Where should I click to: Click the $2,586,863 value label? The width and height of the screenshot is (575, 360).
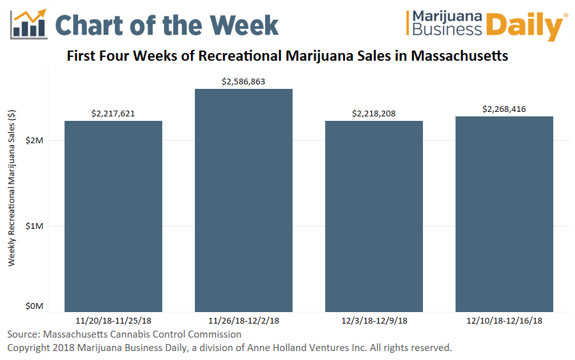pos(243,82)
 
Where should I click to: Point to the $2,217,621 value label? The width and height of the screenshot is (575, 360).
pos(113,114)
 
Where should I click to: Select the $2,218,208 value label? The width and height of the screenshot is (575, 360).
pos(374,114)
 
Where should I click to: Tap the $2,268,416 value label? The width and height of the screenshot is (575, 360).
pos(504,109)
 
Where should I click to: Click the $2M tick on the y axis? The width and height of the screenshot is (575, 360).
pos(34,140)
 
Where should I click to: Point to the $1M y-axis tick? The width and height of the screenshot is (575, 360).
pos(34,226)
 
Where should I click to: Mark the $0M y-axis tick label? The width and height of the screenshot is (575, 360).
pos(34,307)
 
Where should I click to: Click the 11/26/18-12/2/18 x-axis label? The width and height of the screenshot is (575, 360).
pos(243,320)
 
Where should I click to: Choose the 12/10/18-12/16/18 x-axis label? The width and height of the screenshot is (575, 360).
pos(504,320)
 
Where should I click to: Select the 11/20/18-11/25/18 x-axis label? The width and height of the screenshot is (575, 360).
pos(113,320)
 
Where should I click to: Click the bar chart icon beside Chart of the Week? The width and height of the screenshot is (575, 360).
pos(29,24)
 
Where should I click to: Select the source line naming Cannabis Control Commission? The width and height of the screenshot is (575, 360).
pos(125,334)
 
